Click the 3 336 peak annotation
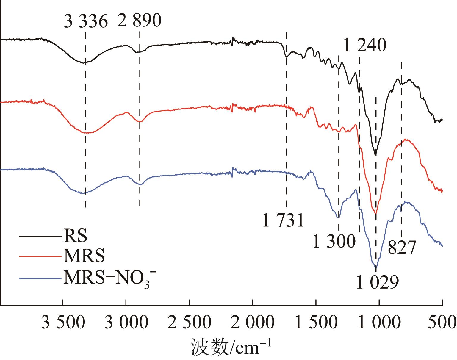coord(86,21)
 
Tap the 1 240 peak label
coord(365,46)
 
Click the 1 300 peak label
coord(334,241)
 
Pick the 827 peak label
coord(401,248)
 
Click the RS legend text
coord(75,236)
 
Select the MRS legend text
coord(84,256)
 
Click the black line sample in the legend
coord(40,237)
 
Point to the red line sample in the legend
coord(40,256)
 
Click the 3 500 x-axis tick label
coord(62,323)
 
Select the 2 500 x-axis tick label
coord(189,323)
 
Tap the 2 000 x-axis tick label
coord(253,323)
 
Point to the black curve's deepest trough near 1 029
coord(375,155)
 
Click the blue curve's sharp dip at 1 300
coord(338,217)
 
